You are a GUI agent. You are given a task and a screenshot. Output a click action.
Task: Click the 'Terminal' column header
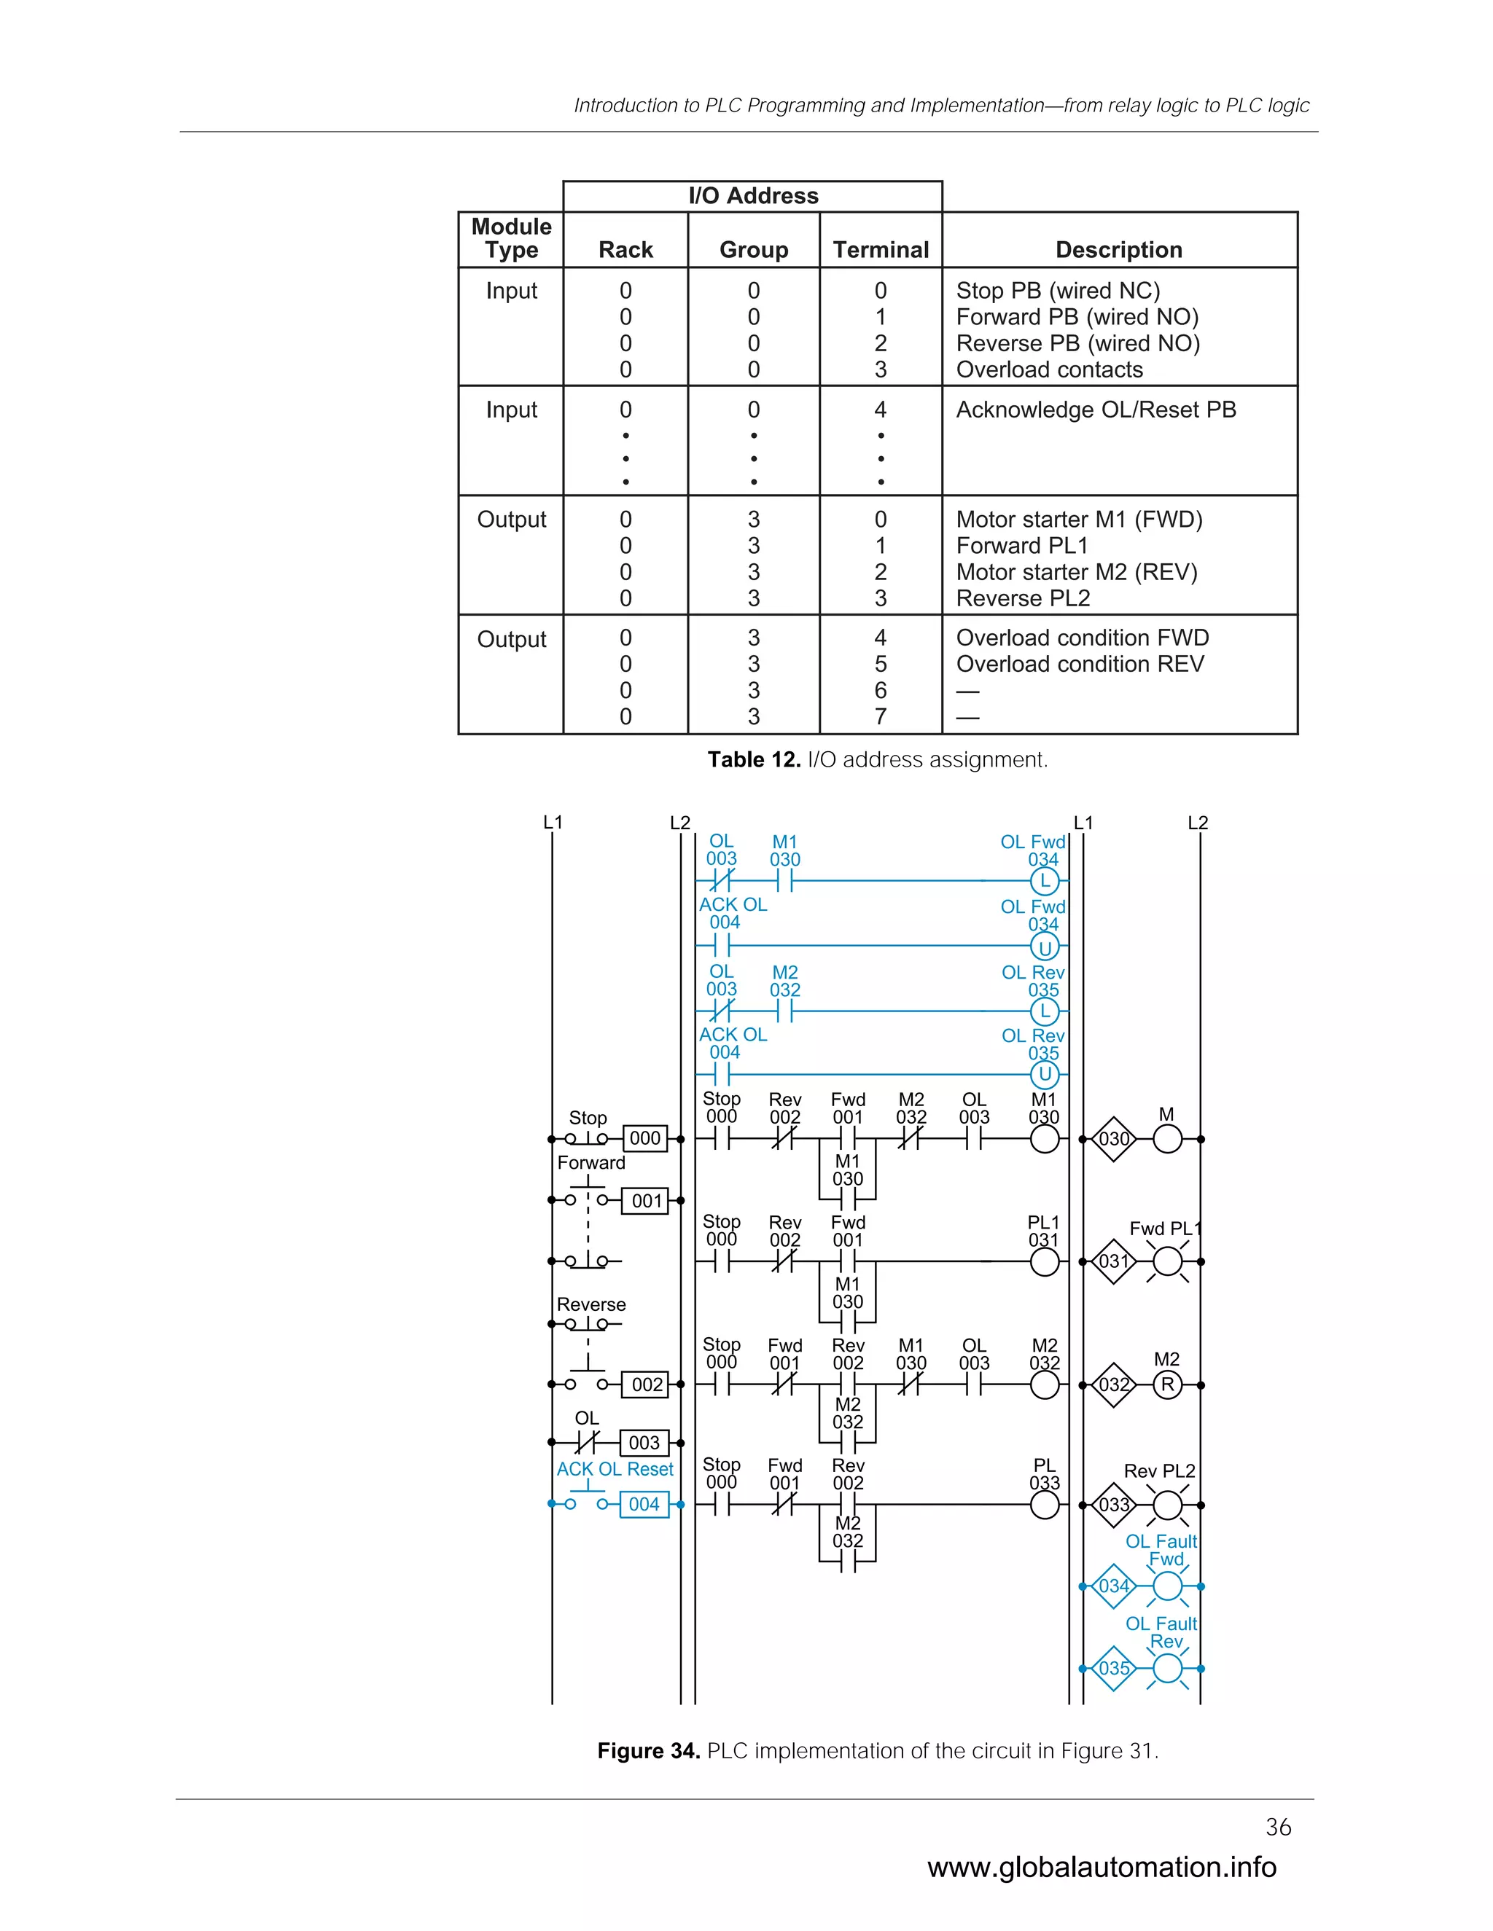[880, 250]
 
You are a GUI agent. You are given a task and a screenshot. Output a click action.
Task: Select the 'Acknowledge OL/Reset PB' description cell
[1095, 410]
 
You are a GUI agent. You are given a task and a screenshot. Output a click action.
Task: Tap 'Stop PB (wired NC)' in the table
[1057, 291]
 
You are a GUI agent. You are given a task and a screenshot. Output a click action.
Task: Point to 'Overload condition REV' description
[1079, 664]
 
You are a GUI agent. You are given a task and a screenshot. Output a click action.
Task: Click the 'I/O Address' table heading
[752, 195]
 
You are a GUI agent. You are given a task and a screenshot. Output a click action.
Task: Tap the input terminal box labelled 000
[644, 1139]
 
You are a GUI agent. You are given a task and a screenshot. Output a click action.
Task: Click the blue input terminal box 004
[644, 1504]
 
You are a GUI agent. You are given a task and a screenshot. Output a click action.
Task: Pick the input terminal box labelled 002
[647, 1384]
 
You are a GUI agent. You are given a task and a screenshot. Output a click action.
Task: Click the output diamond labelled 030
[1114, 1139]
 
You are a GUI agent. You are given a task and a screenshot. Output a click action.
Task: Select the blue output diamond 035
[1114, 1669]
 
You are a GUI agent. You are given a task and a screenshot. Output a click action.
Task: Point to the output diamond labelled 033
[1114, 1505]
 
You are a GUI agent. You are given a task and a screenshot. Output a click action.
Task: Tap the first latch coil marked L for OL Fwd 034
[1045, 881]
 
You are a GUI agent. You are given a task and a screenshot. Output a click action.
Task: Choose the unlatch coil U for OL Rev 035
[1045, 1074]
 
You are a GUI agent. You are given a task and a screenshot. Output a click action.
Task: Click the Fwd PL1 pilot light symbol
[1168, 1261]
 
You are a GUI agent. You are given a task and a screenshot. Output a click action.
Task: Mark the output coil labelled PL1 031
[1045, 1261]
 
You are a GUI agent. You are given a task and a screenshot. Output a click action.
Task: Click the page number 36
[1278, 1827]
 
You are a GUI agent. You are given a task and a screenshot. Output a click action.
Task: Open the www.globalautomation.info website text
[1102, 1866]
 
